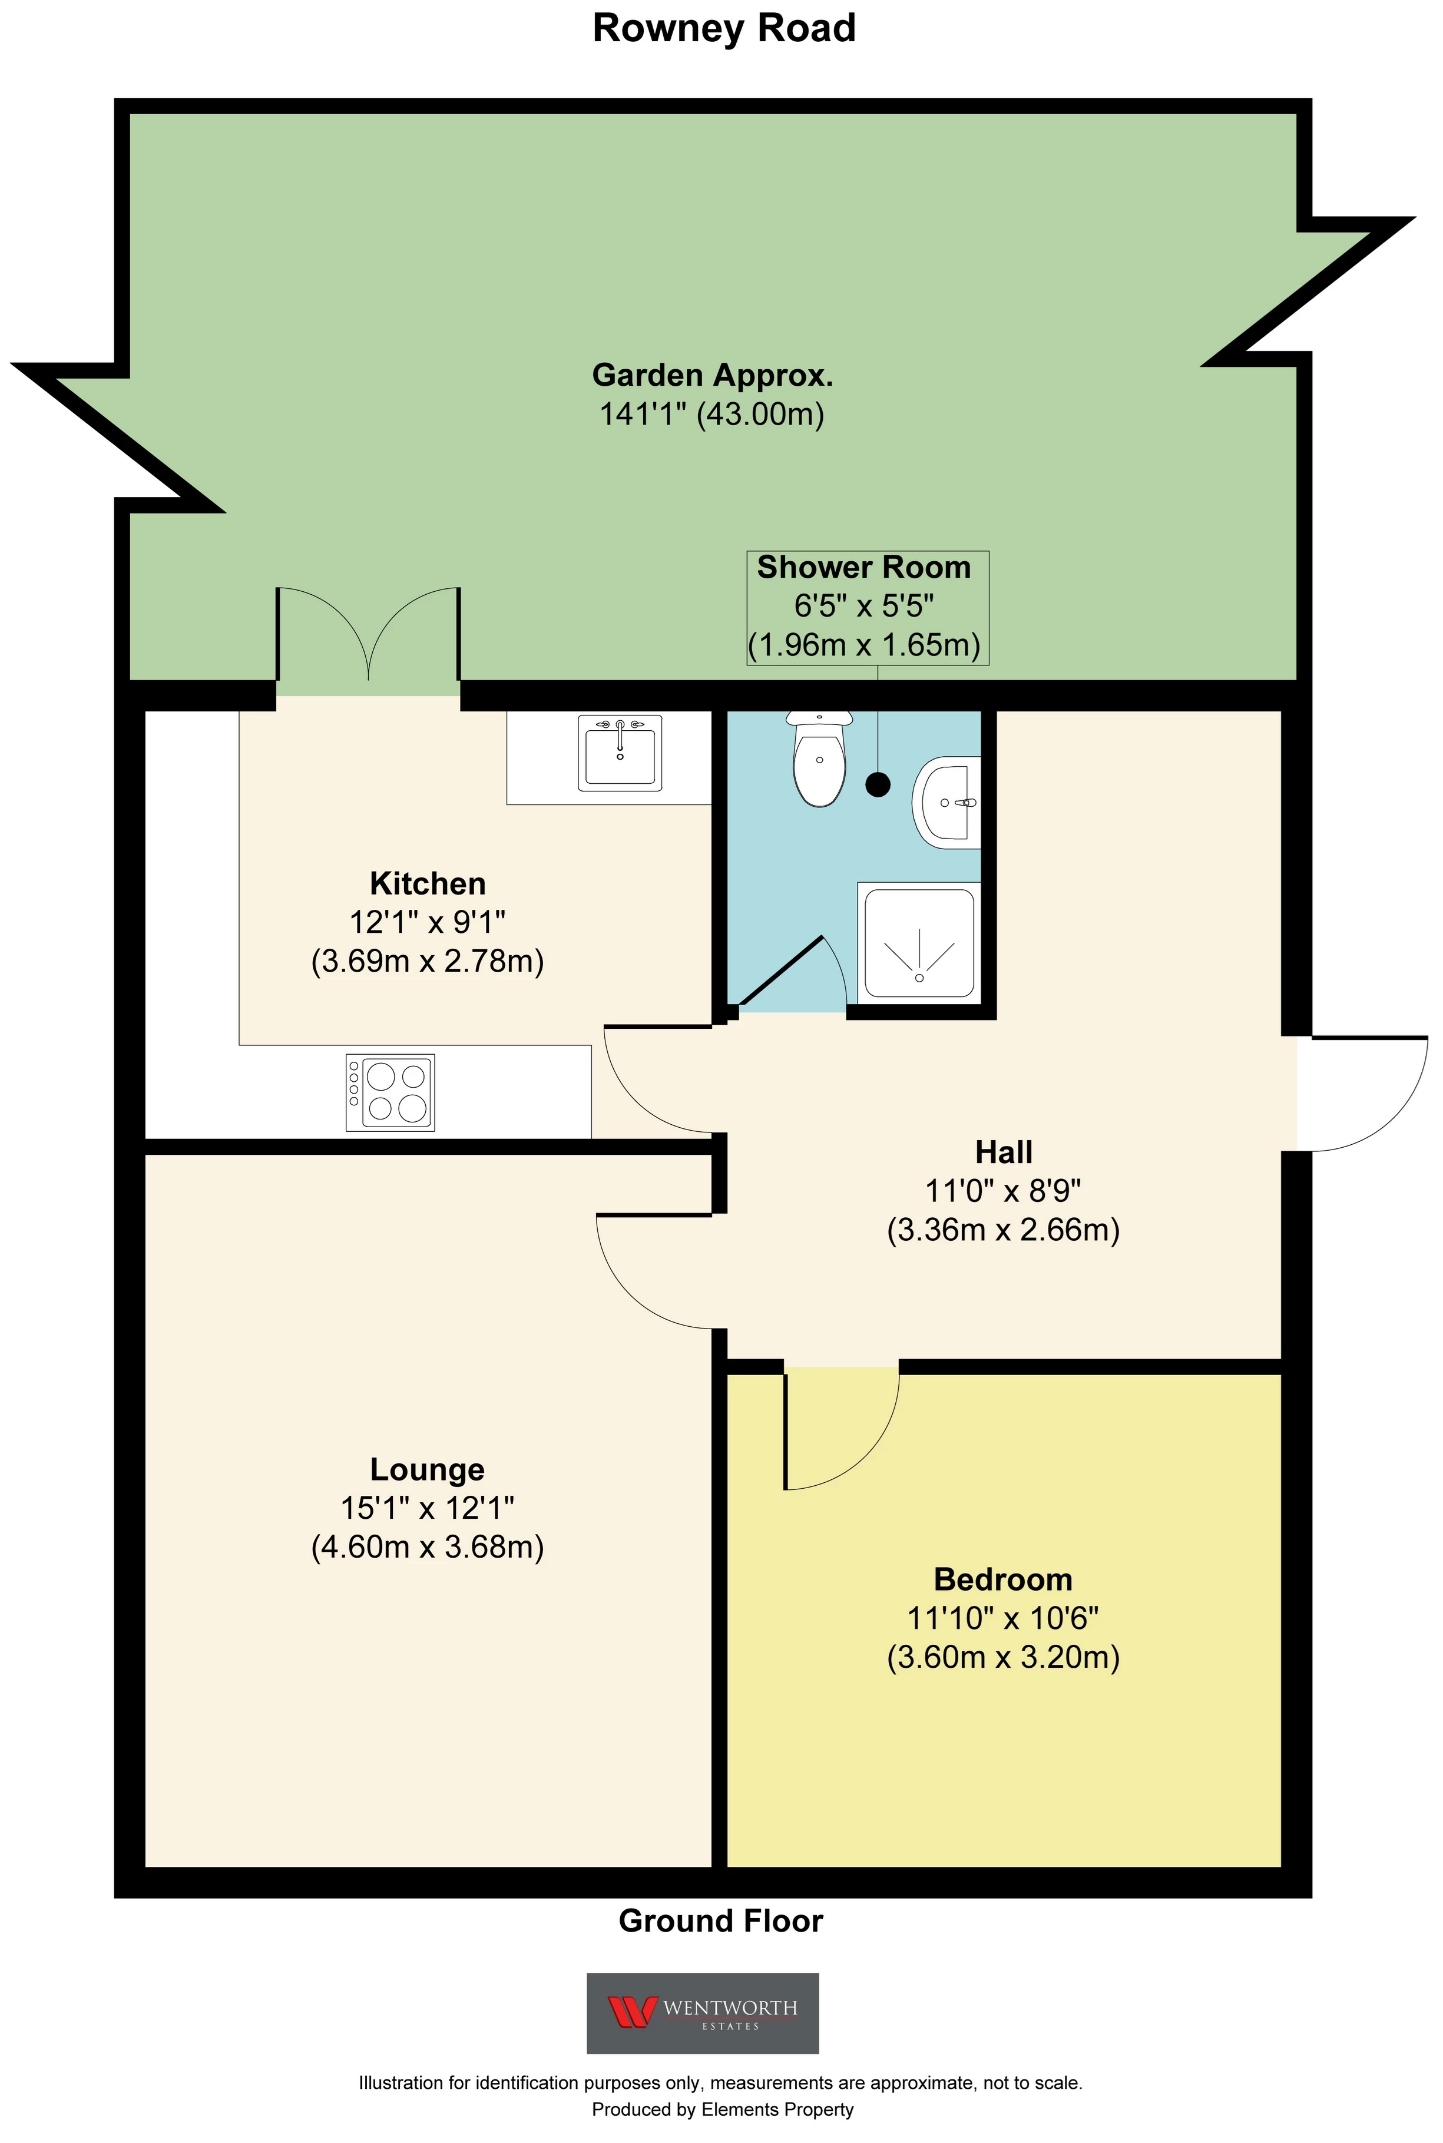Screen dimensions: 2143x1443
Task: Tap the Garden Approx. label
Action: point(712,375)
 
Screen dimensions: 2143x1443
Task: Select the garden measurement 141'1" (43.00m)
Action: point(711,414)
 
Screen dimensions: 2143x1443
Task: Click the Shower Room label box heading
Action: point(863,568)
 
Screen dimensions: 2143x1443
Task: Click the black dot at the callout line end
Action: point(878,785)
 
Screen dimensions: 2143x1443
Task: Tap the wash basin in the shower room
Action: point(946,802)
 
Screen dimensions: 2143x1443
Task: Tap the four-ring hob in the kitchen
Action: point(390,1092)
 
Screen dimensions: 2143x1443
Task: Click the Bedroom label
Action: point(1003,1579)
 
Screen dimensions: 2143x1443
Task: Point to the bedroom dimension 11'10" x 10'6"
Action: point(1003,1618)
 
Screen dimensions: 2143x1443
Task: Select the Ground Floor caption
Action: point(720,1920)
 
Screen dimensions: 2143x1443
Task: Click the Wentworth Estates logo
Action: point(702,2012)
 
